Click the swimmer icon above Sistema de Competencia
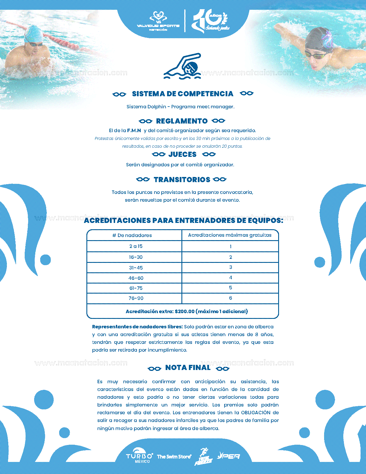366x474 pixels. (x=182, y=66)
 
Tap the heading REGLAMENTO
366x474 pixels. (x=182, y=121)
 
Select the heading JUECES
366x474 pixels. (x=183, y=155)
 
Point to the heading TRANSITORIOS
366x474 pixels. (x=182, y=180)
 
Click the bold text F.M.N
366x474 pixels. (x=134, y=130)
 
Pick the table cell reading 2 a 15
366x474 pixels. (x=136, y=246)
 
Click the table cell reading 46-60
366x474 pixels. (x=136, y=278)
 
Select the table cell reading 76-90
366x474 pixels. (x=136, y=298)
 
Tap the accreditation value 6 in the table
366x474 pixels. (x=231, y=298)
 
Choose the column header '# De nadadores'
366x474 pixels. (x=132, y=235)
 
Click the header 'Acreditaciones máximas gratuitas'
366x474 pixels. (x=230, y=235)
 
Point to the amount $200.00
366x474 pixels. (x=185, y=311)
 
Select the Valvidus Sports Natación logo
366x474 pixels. (x=158, y=22)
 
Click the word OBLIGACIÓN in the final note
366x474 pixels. (x=256, y=413)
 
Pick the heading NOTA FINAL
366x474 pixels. (x=188, y=368)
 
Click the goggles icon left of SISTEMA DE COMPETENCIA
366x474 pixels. (x=119, y=94)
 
